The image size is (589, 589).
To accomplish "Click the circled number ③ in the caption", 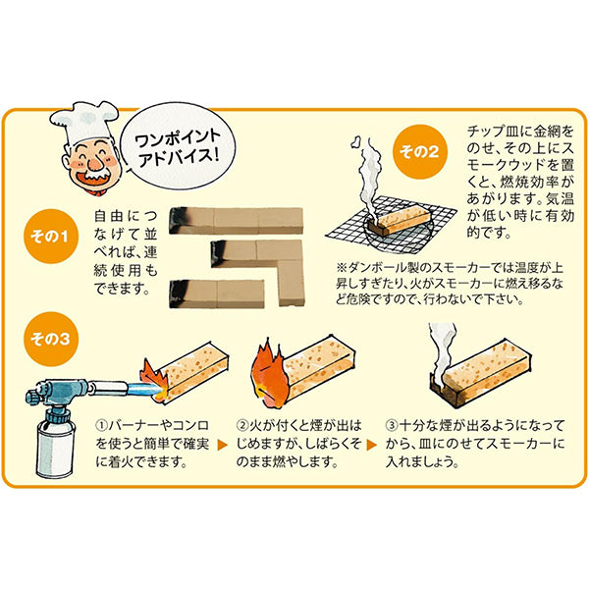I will pos(392,427).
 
